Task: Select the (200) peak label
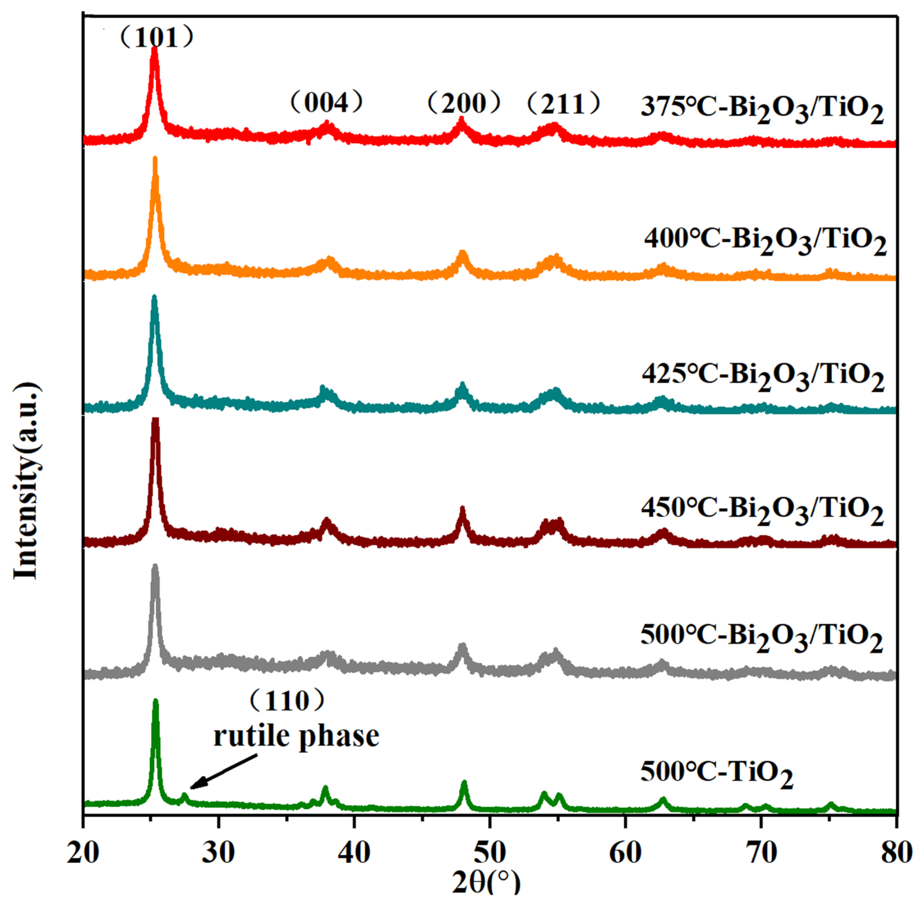pos(464,103)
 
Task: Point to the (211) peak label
pos(564,103)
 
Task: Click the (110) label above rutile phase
pos(287,701)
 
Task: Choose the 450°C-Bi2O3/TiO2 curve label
pos(762,510)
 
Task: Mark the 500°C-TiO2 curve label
pos(716,774)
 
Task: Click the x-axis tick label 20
pos(83,852)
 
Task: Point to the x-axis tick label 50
pos(490,852)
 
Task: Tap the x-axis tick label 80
pos(896,852)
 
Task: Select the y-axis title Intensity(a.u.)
pos(26,482)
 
